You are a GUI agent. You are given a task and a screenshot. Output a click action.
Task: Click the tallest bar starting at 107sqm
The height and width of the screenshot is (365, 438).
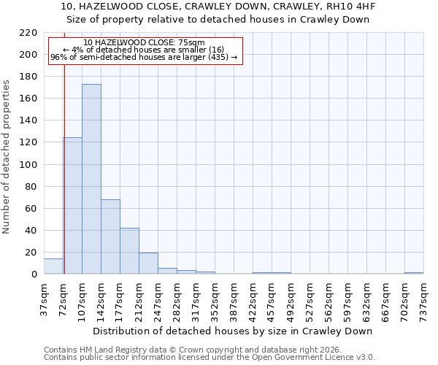(x=91, y=179)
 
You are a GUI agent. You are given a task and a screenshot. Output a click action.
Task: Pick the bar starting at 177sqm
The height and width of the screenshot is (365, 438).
(x=129, y=251)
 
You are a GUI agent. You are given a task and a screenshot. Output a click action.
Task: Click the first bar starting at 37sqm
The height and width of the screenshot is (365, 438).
(x=53, y=266)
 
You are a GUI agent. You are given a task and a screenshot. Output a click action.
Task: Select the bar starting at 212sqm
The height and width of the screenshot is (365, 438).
(x=148, y=264)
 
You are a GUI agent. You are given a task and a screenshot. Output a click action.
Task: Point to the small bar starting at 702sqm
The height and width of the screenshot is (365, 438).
(x=414, y=273)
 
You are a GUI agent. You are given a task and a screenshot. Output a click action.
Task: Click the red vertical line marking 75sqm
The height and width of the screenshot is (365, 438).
(x=64, y=168)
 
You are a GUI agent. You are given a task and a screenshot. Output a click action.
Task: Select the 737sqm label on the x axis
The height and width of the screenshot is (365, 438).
(x=423, y=299)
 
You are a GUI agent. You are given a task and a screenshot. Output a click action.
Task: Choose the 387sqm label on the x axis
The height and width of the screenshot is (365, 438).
(x=234, y=299)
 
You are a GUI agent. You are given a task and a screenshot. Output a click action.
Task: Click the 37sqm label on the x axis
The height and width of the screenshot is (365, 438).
(x=44, y=299)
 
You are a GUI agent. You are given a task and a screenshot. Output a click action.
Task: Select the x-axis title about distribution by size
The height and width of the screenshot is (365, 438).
(x=234, y=331)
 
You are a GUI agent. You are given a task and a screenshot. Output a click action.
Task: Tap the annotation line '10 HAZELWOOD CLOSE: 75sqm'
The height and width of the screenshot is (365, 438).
(x=144, y=43)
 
